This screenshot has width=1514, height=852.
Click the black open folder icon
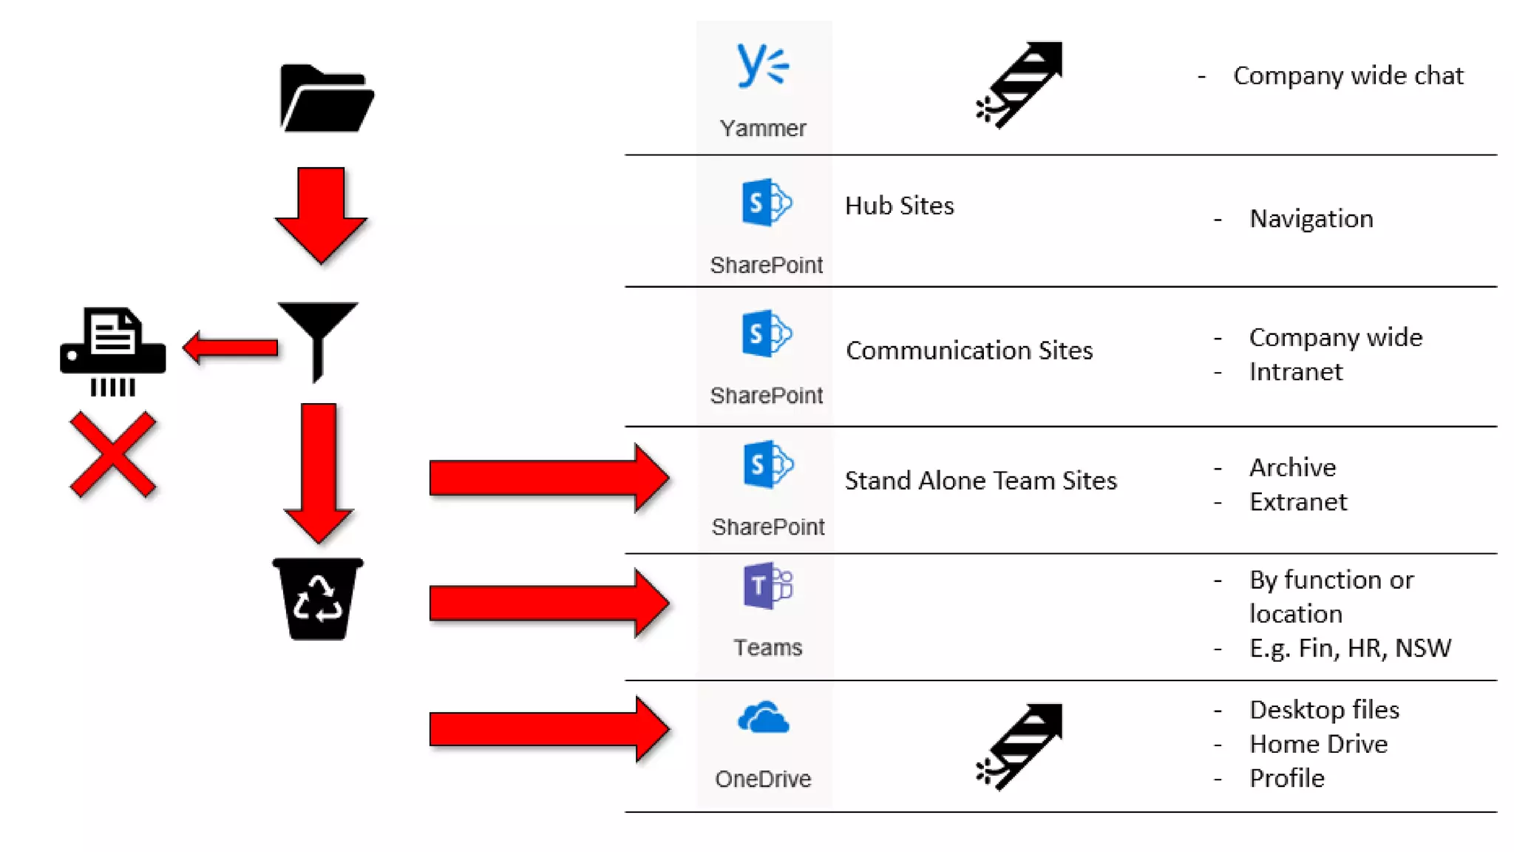click(x=327, y=99)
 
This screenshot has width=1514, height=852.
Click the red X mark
click(x=113, y=454)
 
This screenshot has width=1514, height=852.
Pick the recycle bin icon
click(x=318, y=599)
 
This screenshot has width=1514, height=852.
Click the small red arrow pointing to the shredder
click(x=231, y=347)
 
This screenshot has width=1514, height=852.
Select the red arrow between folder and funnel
click(x=321, y=214)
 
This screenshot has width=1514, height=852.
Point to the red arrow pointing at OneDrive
click(x=549, y=729)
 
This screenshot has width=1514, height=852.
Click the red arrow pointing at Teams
click(x=549, y=603)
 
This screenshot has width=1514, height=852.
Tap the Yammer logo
click(x=763, y=67)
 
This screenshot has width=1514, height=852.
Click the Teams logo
click(x=767, y=586)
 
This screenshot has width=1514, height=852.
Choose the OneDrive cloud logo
click(x=764, y=718)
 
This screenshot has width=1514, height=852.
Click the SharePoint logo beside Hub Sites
click(x=767, y=202)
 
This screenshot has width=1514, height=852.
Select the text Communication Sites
click(x=969, y=351)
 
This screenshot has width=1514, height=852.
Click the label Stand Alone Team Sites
click(x=980, y=481)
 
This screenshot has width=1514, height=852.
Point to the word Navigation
click(x=1311, y=219)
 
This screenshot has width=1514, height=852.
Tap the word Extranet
click(x=1298, y=502)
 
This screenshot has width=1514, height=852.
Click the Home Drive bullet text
click(x=1318, y=744)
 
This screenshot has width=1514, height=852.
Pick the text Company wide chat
click(x=1348, y=75)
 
